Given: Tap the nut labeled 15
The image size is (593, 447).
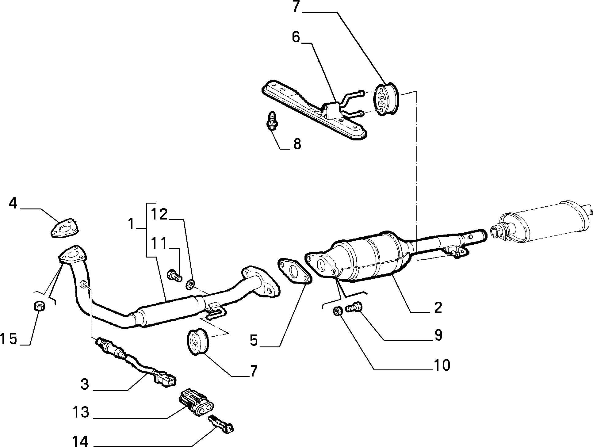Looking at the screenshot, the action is [x=39, y=305].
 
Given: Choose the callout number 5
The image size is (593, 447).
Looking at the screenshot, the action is [x=254, y=340].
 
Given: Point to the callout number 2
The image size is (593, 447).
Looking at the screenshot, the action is [x=438, y=307].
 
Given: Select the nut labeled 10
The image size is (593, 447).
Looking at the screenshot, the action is [x=338, y=312].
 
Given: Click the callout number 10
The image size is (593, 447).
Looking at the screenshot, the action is [x=442, y=365].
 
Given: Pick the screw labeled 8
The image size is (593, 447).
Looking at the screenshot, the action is [x=271, y=122].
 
